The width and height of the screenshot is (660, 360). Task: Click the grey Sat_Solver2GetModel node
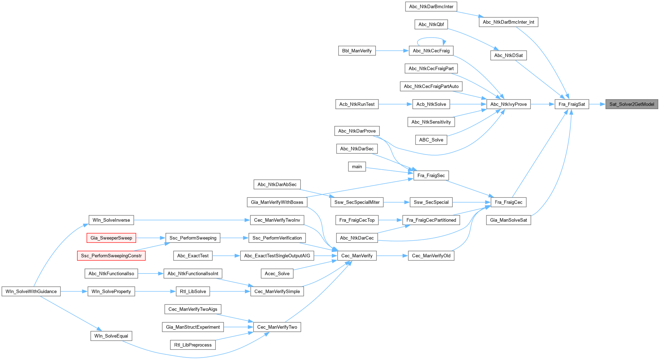tap(631, 104)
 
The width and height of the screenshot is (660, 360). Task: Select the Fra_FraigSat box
tap(572, 104)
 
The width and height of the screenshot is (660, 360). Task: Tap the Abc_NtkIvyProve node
tap(508, 104)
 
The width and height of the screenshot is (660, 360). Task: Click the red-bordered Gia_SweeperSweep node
tap(111, 238)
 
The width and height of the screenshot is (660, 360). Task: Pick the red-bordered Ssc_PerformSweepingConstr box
tap(111, 256)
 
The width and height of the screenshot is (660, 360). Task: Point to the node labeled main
tap(357, 167)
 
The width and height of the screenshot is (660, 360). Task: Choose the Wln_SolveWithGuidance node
tap(31, 291)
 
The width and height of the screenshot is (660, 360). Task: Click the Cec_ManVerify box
tap(357, 256)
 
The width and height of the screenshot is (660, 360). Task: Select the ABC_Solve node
tap(431, 140)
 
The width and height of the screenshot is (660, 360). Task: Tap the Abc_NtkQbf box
tap(431, 24)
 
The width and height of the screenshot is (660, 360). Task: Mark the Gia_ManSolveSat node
tap(508, 220)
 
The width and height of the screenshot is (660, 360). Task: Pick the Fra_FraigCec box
tap(508, 202)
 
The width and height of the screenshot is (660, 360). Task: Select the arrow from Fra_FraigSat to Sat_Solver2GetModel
tap(597, 104)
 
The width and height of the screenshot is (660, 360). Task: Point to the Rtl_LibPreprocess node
tap(193, 345)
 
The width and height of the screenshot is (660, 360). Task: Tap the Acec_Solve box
tap(277, 273)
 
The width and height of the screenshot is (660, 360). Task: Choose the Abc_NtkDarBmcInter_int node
tap(508, 22)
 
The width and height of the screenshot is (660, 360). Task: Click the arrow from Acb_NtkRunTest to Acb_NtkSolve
tap(395, 104)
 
